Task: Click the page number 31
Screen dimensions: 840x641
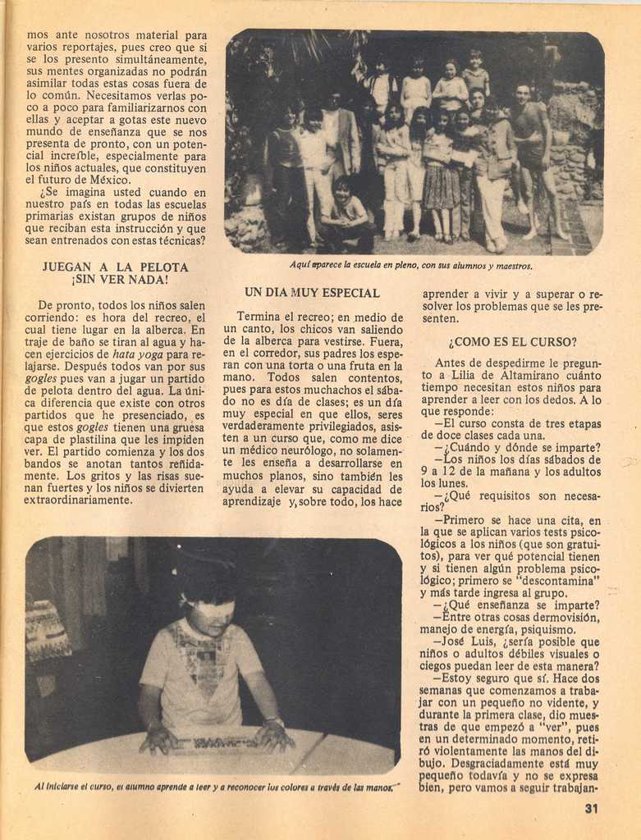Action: [592, 809]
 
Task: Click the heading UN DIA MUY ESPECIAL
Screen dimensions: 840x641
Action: [312, 293]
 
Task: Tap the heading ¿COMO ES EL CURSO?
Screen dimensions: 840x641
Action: [512, 342]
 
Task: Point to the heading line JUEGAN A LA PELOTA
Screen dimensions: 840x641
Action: [116, 267]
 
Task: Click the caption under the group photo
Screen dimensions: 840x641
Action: [410, 266]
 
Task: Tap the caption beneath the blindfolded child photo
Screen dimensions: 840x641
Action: [213, 786]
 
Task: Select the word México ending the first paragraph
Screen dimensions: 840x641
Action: [110, 180]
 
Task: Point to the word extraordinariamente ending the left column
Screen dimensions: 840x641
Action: [79, 500]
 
